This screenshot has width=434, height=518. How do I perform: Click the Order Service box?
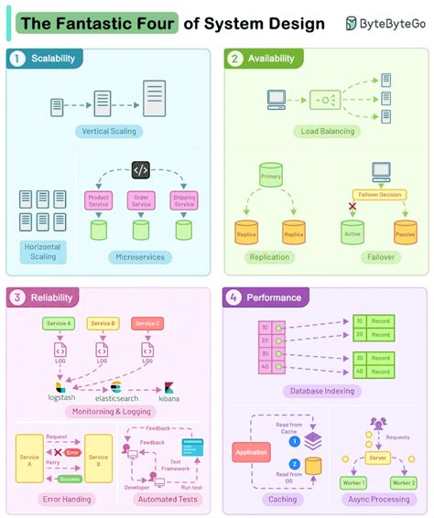point(141,201)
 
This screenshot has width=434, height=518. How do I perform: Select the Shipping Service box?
point(183,201)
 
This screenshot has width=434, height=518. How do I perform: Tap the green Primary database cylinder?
point(270,178)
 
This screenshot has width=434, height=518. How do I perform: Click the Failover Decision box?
point(379,194)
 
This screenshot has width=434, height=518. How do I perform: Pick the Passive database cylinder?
point(404,231)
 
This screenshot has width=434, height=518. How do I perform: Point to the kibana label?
point(169,398)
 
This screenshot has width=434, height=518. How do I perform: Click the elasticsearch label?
point(116,398)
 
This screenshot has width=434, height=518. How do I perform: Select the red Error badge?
point(73,452)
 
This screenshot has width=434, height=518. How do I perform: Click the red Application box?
point(251,452)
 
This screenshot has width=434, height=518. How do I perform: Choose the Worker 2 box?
point(403,482)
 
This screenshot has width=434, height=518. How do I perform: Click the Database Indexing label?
point(325,391)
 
